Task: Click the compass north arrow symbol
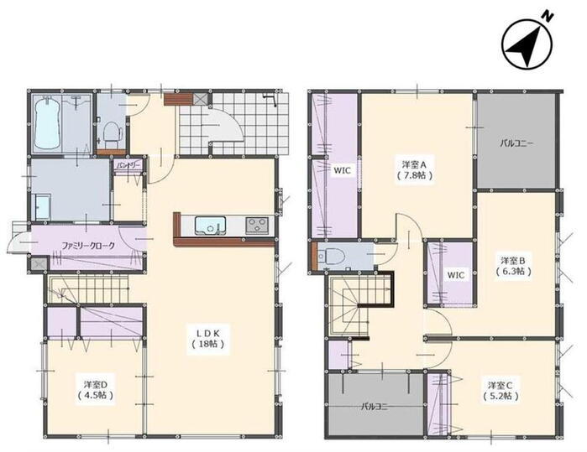click(527, 44)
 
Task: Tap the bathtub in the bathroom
click(47, 123)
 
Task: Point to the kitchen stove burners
click(258, 226)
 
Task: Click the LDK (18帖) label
click(208, 338)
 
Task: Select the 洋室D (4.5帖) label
click(96, 390)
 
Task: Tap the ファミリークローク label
click(88, 246)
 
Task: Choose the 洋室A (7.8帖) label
click(415, 169)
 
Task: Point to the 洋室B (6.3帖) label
click(514, 266)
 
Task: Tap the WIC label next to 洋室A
click(342, 170)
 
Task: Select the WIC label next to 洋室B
click(456, 275)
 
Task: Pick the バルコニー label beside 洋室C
click(375, 407)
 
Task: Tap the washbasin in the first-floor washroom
click(43, 207)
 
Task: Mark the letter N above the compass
click(548, 16)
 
